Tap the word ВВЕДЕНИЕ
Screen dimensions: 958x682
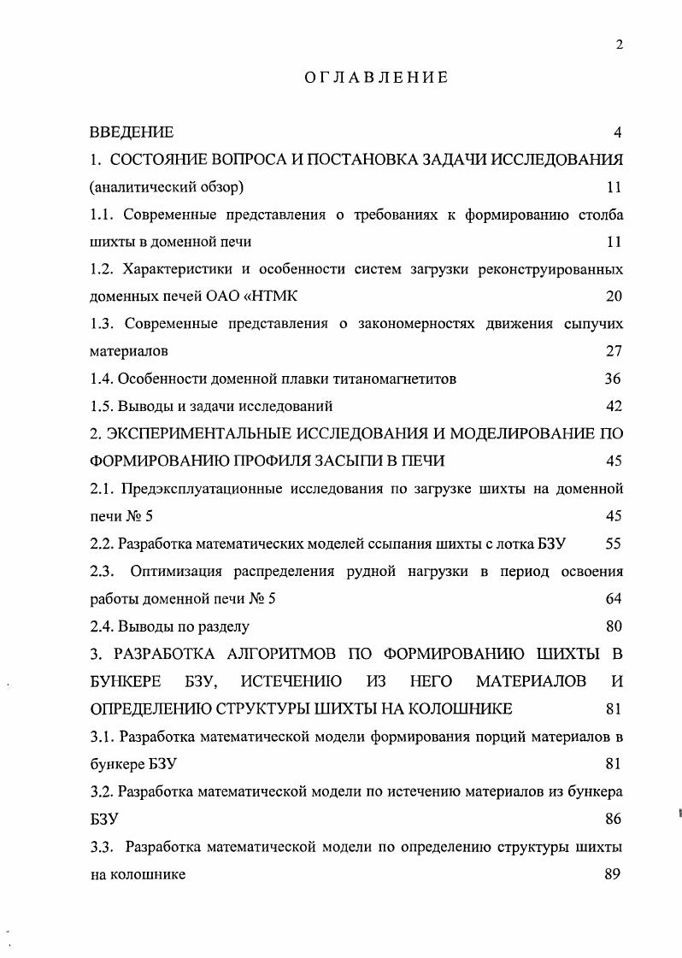coord(132,132)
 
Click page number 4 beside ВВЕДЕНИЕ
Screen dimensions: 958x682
coord(617,132)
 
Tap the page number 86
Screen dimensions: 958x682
coord(613,819)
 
